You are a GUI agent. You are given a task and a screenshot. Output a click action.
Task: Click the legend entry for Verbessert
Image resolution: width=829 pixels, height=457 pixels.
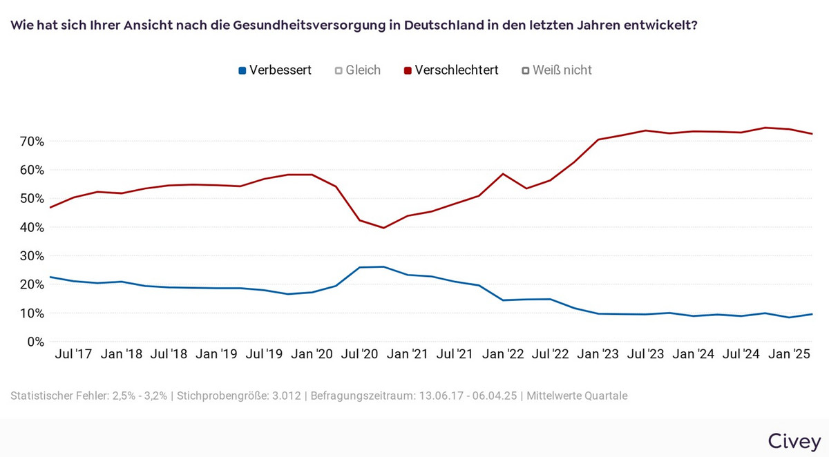tap(274, 70)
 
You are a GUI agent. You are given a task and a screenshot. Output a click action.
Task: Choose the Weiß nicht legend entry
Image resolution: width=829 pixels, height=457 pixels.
tap(557, 70)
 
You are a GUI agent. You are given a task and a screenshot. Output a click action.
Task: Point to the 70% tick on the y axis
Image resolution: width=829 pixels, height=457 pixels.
tap(30, 142)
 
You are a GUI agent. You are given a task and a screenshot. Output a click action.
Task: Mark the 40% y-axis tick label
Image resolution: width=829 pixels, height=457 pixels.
tap(30, 228)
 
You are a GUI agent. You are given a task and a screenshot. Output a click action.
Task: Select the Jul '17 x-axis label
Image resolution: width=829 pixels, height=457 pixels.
tap(74, 354)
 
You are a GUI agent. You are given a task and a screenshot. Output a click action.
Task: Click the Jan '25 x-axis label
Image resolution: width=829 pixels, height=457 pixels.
tap(790, 354)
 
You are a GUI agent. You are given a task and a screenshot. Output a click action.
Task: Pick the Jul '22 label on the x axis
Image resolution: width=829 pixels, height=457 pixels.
tap(551, 354)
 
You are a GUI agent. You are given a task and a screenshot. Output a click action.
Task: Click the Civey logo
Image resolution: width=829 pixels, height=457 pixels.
tap(794, 441)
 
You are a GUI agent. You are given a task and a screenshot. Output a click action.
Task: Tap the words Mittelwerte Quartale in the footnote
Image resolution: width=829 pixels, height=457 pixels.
tap(577, 396)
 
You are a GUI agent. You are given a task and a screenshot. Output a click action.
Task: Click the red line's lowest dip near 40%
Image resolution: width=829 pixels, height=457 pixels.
tap(383, 228)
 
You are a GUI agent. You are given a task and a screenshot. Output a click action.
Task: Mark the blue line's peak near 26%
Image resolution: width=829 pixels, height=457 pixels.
tap(383, 266)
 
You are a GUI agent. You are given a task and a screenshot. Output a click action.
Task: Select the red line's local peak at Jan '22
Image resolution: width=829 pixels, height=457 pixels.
tap(503, 174)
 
